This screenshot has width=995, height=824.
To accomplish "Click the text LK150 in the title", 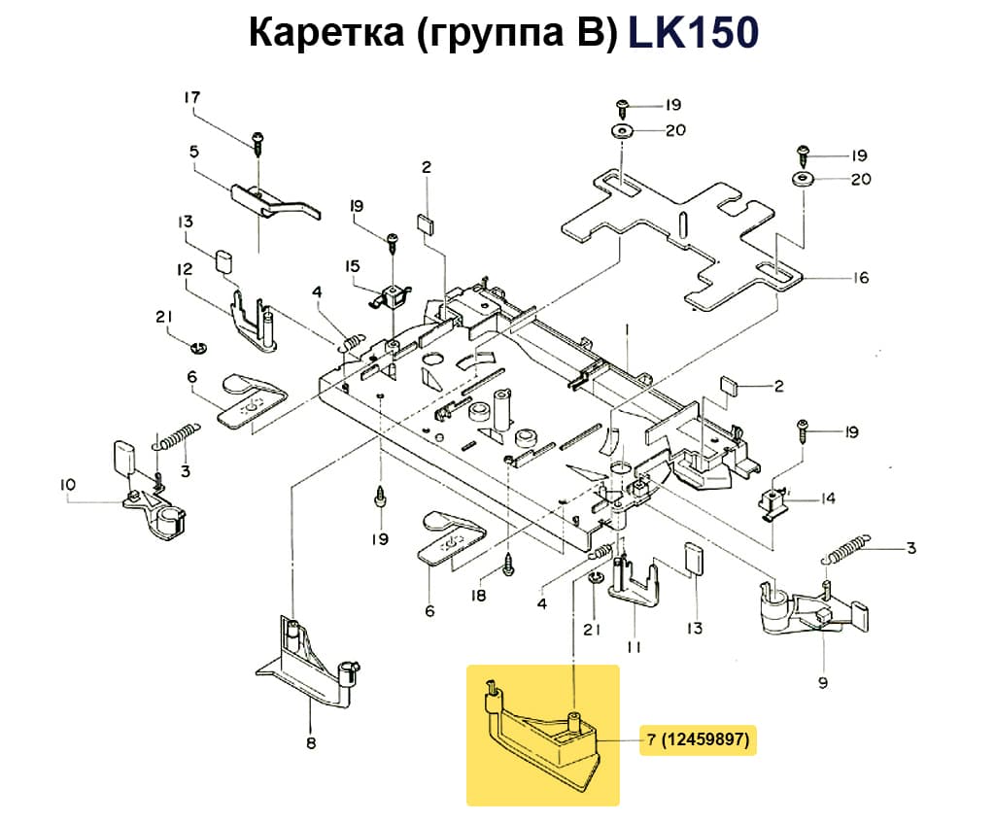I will click(x=693, y=33).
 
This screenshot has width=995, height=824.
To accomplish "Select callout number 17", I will click(x=191, y=97).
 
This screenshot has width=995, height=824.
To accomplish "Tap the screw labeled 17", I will click(x=257, y=141).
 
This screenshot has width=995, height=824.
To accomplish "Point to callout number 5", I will click(x=193, y=152).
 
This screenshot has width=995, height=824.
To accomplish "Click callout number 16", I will click(x=861, y=278).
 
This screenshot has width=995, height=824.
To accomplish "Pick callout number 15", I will click(x=352, y=265).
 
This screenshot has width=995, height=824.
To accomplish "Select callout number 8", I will click(x=311, y=744).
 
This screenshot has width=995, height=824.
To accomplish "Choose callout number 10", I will click(x=67, y=484).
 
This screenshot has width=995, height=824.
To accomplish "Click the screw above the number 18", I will click(x=508, y=565).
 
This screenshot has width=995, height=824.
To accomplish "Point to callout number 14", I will click(x=827, y=499).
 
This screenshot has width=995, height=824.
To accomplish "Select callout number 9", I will click(x=823, y=682).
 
